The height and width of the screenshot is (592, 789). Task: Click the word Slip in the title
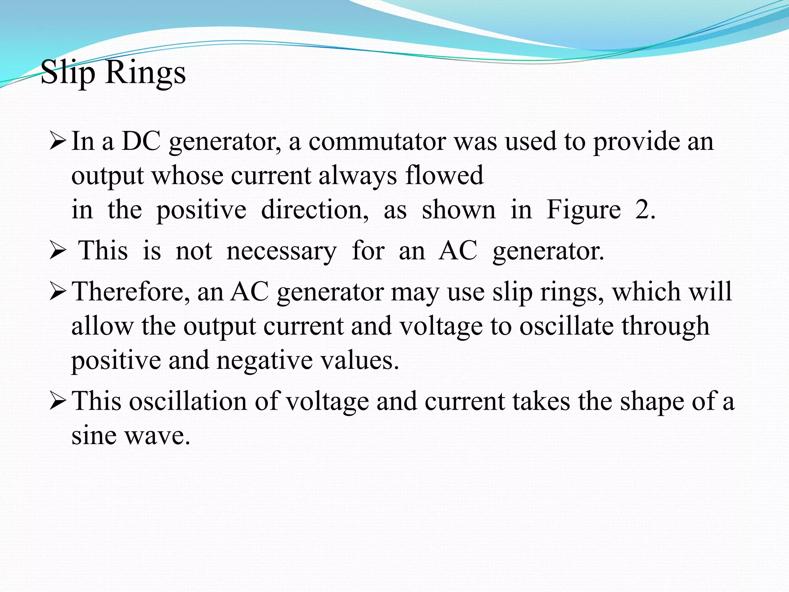pos(68,73)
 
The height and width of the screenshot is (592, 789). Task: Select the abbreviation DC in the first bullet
pos(141,141)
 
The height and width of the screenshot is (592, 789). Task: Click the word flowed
pos(444,176)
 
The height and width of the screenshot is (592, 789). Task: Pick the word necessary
pos(281,251)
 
